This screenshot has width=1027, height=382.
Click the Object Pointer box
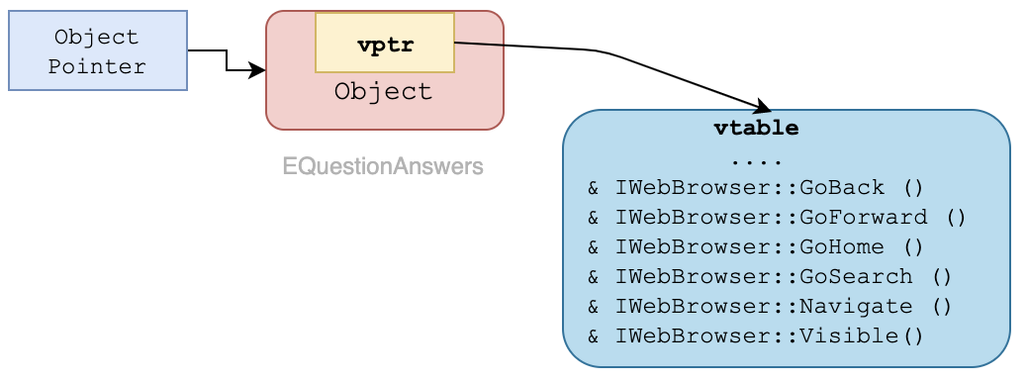point(98,50)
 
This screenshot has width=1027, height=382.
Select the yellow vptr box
point(385,44)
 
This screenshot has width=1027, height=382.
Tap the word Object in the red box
point(384,93)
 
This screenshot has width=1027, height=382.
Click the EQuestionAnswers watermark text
point(383,166)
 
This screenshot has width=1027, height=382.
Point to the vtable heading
point(756,129)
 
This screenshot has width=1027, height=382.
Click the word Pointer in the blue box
point(98,67)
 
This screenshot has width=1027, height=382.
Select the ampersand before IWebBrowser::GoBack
point(594,188)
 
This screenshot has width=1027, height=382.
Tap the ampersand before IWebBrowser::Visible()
point(594,336)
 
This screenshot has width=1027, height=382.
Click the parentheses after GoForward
point(955,218)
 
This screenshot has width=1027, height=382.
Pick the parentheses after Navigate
point(941,307)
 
